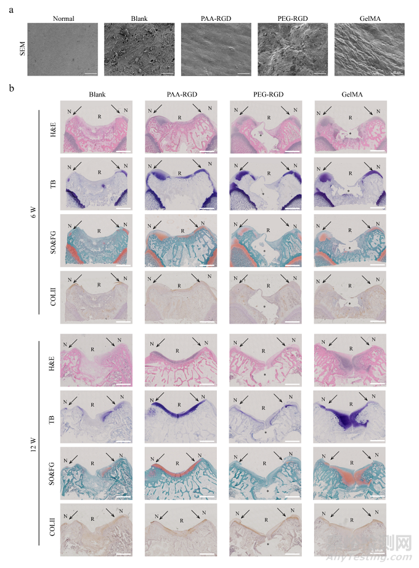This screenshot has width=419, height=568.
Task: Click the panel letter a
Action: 12,8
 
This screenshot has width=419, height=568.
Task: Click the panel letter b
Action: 12,90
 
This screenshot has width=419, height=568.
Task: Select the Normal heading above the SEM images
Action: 64,18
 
